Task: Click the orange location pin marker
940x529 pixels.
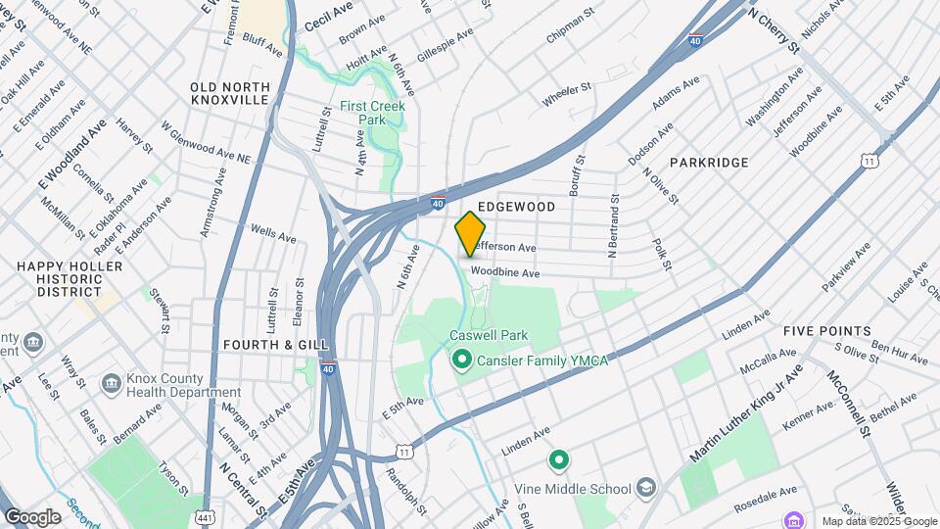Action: (x=470, y=233)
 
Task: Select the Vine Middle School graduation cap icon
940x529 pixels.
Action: (x=645, y=488)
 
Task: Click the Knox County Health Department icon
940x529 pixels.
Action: (x=111, y=381)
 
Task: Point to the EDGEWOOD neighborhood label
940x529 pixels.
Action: (x=516, y=207)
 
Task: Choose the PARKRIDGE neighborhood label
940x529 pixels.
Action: (x=709, y=163)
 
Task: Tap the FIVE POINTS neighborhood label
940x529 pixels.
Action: (x=826, y=331)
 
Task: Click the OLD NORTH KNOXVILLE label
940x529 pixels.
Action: (x=228, y=94)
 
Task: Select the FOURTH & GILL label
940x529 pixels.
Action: (x=267, y=345)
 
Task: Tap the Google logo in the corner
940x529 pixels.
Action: (x=32, y=516)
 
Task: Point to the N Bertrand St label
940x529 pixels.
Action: (x=613, y=226)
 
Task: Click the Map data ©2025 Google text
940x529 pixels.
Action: (x=878, y=521)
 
